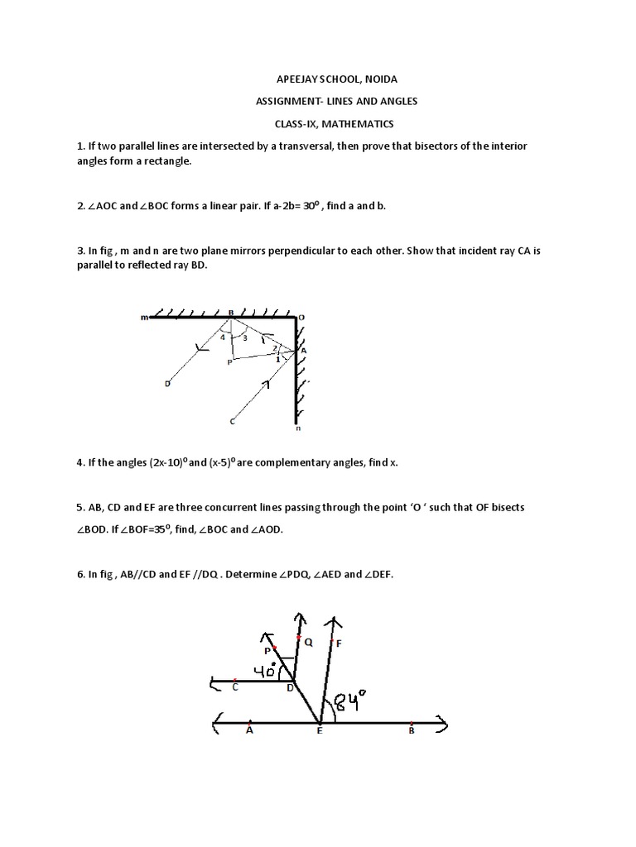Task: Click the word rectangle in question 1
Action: tap(166, 161)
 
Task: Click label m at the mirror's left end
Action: tap(144, 317)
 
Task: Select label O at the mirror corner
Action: tap(302, 316)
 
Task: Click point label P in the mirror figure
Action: tap(229, 362)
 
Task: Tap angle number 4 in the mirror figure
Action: tap(223, 337)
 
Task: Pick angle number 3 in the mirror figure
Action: tap(243, 337)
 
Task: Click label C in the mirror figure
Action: tap(233, 422)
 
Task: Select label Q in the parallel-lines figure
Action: tap(308, 641)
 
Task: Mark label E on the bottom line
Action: tap(320, 730)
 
